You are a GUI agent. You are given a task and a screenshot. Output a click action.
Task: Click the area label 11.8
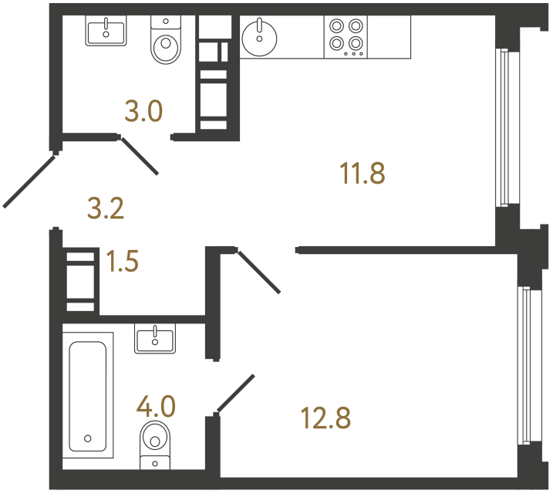point(362,173)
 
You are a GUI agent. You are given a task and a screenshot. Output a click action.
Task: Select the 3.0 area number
point(143,112)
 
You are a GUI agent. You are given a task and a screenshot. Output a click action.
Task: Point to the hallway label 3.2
point(106,208)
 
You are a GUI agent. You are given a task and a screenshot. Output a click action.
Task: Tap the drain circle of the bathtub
point(88,438)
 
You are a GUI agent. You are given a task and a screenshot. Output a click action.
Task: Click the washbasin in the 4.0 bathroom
point(155,338)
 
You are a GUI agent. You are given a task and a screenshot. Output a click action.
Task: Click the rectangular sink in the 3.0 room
point(106,32)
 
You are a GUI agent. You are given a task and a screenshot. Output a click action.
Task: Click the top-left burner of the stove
point(337,26)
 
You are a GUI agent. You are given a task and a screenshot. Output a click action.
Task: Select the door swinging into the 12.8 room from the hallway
point(258,271)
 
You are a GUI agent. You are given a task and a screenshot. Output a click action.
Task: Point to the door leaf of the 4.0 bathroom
point(235,394)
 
